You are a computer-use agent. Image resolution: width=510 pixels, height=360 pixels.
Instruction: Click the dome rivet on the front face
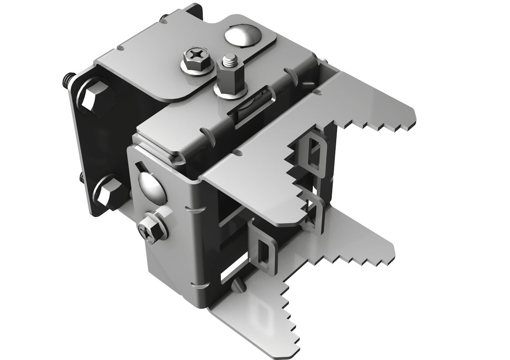(x=151, y=185)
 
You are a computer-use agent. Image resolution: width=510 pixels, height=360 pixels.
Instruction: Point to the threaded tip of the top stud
(x=228, y=59)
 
